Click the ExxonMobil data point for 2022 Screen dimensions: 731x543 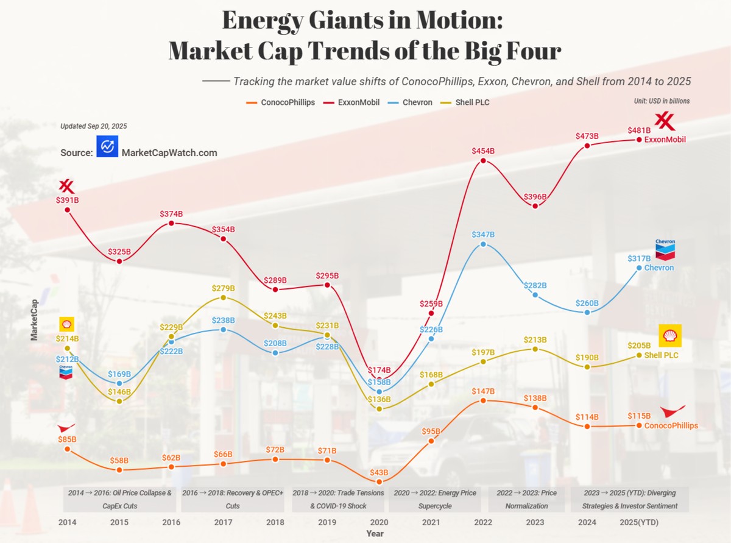(x=483, y=161)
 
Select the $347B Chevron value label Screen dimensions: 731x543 (x=483, y=235)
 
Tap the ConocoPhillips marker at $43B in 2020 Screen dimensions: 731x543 (x=379, y=481)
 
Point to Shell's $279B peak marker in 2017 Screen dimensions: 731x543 (x=223, y=298)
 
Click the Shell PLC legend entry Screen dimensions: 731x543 (x=465, y=102)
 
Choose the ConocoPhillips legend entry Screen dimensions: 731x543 (x=280, y=102)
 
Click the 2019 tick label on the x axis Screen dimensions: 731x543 (x=327, y=522)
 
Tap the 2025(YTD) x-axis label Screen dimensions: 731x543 (x=639, y=522)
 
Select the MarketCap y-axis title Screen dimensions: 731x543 (x=34, y=320)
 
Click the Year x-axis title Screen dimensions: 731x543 (x=375, y=533)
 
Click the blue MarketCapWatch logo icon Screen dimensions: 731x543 (x=107, y=146)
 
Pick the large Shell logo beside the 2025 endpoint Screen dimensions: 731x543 (x=670, y=336)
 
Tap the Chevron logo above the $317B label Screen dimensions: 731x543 (x=665, y=250)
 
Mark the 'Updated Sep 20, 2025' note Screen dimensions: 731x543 (x=94, y=126)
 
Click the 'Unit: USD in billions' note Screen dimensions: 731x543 (x=662, y=101)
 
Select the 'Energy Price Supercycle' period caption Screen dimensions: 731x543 (x=435, y=499)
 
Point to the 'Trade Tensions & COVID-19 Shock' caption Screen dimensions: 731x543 (x=338, y=499)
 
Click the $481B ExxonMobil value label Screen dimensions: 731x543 (x=639, y=130)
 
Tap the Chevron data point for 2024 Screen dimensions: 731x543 (x=587, y=312)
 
